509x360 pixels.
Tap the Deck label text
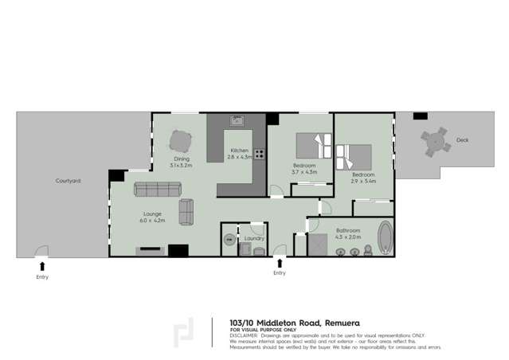coord(463,140)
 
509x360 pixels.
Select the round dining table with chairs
coord(181,142)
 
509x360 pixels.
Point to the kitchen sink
coord(237,121)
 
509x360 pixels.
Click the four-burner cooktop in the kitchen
coord(259,155)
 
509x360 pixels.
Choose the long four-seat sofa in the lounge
coord(158,189)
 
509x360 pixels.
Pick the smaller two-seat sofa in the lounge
coord(186,212)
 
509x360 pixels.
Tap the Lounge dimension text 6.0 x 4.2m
coord(152,220)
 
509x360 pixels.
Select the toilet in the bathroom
coord(368,251)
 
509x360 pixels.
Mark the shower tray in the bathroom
coord(318,245)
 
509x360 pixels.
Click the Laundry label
coord(255,238)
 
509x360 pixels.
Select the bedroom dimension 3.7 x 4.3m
coord(304,172)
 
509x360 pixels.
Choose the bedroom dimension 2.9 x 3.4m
coord(363,181)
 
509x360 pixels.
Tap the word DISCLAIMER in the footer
coord(244,335)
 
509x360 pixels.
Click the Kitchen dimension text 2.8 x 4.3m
coord(240,157)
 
